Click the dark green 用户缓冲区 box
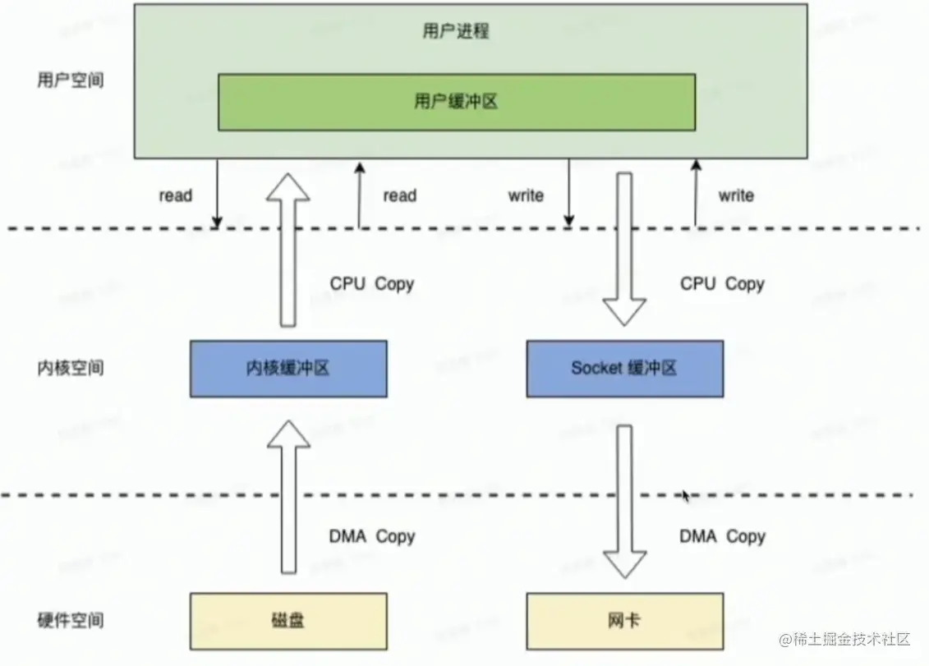point(457,102)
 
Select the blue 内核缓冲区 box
point(288,369)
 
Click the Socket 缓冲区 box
point(624,369)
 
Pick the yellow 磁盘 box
point(288,621)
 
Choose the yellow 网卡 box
point(624,621)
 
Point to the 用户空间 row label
point(71,80)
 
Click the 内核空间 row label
point(71,367)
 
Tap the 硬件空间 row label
point(71,619)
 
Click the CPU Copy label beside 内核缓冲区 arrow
point(372,284)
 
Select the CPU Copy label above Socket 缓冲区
point(722,284)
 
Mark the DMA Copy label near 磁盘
point(372,536)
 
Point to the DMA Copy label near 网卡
point(722,536)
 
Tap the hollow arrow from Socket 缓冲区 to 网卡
point(624,501)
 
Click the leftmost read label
point(175,195)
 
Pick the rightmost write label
point(735,195)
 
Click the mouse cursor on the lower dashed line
point(686,495)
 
